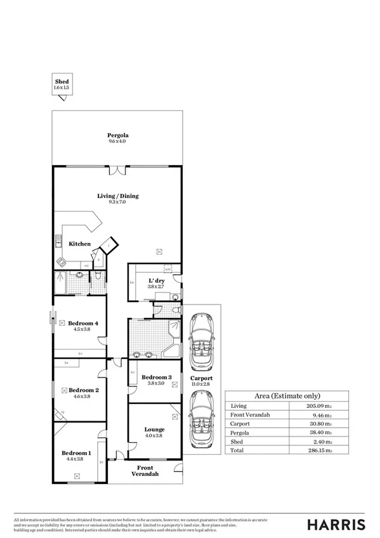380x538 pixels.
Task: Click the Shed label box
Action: (62, 85)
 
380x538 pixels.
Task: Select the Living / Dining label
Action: (117, 196)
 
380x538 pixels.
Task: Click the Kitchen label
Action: (80, 244)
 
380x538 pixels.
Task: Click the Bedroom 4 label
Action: (83, 323)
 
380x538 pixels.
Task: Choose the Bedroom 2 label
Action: (83, 390)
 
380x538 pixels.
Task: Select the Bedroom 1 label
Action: (76, 453)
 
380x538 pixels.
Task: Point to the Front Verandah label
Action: (145, 471)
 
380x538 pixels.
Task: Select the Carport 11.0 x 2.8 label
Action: (202, 381)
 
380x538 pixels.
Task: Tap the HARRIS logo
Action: (336, 524)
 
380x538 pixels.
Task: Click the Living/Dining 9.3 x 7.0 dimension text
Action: (117, 202)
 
